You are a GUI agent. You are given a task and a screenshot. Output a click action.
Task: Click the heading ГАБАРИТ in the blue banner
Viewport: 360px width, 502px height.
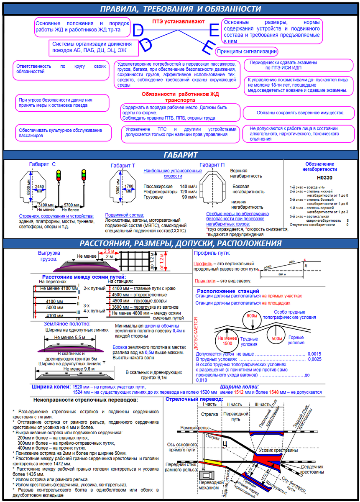180,155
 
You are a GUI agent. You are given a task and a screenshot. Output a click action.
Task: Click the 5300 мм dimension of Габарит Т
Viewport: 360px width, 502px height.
118,190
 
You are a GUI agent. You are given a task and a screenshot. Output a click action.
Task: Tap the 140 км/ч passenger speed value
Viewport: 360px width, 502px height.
188,186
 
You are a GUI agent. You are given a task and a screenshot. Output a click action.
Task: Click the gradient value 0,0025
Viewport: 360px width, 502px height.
314,359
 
